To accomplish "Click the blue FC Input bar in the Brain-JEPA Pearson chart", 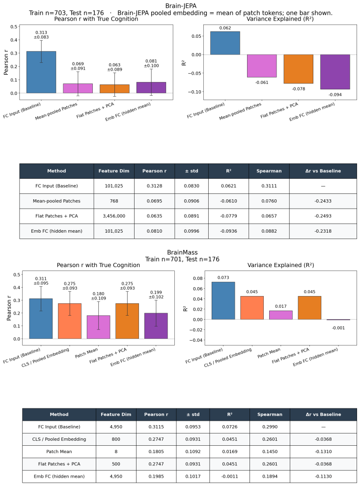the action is point(41,72).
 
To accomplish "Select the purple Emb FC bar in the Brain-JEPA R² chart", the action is point(335,72).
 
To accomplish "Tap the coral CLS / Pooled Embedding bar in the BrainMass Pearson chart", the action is point(70,321).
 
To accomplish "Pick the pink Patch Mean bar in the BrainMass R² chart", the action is point(280,315).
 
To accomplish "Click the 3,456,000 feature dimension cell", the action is point(114,216).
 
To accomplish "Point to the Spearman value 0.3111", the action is point(269,186).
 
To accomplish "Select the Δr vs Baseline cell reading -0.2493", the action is point(323,216).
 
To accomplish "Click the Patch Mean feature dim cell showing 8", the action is point(116,452).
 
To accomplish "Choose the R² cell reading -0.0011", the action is point(230,476).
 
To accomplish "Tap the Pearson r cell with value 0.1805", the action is point(156,452).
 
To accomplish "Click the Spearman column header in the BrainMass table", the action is point(270,414).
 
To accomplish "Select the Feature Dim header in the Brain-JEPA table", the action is point(114,171).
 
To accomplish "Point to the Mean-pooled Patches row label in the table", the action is point(56,201).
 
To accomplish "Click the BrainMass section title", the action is point(182,252).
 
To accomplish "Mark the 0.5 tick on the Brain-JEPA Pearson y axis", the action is point(14,27).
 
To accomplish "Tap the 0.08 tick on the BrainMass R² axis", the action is point(198,278).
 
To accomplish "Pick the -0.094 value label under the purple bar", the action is point(335,95).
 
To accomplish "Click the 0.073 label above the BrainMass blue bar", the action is point(223,278).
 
